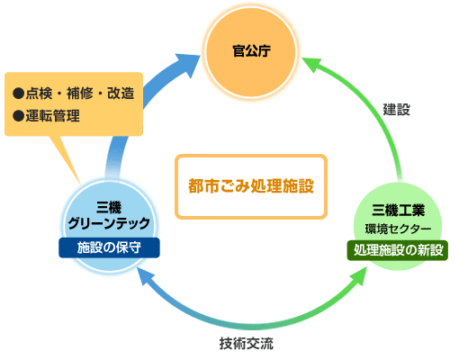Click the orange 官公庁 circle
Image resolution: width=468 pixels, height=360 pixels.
tap(251, 52)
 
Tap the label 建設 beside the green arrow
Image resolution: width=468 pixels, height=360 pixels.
tap(396, 110)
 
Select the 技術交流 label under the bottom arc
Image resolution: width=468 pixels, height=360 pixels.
tap(247, 344)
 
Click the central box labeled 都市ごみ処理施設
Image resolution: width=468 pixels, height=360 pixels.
tap(251, 186)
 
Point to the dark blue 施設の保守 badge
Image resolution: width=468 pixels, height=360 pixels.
tap(109, 247)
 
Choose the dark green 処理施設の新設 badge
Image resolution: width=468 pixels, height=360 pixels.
tap(398, 250)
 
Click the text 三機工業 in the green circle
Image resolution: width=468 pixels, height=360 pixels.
tap(398, 210)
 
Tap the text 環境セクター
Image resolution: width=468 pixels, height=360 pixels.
tap(398, 229)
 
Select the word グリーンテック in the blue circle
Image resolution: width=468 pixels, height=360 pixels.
tap(109, 223)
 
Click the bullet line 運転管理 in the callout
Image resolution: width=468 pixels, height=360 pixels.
tap(47, 116)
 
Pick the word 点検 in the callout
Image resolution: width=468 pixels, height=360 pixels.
tap(39, 94)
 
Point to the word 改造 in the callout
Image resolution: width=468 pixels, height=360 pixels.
tap(121, 94)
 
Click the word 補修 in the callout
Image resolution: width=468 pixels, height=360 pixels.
tap(80, 94)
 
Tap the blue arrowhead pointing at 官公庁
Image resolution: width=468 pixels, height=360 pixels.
tap(186, 64)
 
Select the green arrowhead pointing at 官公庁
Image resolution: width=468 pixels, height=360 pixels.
tap(312, 64)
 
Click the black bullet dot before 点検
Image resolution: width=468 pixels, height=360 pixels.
tap(18, 94)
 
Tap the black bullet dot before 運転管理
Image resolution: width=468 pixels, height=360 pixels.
tap(18, 116)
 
